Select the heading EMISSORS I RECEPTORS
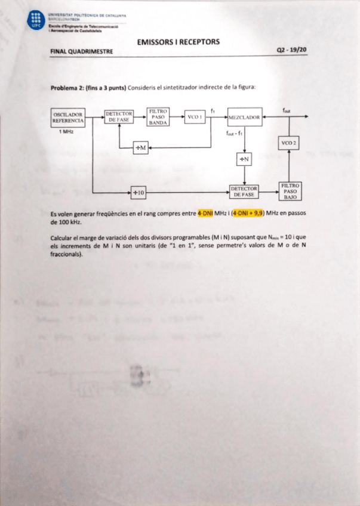178,42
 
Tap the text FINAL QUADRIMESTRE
82,52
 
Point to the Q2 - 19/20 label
291,51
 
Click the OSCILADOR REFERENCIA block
69,118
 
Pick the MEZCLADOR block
245,118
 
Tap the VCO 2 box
289,143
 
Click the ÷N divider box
245,159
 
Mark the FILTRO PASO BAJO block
291,192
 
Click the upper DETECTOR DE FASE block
119,117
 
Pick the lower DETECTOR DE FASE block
245,192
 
